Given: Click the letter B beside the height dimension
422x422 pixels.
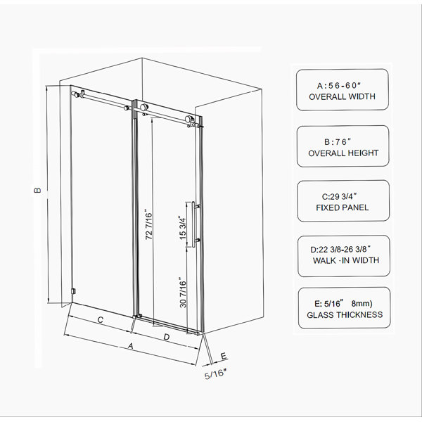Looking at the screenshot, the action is [38, 191].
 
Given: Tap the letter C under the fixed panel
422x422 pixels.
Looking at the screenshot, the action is [101, 320].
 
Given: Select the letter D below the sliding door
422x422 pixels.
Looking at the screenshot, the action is [167, 337].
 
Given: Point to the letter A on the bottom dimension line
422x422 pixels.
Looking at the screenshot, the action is [131, 345].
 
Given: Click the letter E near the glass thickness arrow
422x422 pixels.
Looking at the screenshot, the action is [224, 357].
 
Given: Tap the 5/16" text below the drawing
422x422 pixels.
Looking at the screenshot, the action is [215, 374].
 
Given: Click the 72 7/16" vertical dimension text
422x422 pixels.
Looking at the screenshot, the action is [148, 224].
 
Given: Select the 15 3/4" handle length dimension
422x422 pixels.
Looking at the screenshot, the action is [182, 228].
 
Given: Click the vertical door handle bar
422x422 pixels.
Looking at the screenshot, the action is [193, 224].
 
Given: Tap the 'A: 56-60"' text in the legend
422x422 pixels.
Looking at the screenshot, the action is [339, 86].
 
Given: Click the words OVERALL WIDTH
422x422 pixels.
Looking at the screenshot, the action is [342, 96].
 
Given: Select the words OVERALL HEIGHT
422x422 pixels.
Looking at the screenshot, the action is [343, 153].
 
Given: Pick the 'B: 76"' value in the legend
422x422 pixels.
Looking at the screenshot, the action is [338, 141].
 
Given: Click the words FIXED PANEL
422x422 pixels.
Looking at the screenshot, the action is [343, 207].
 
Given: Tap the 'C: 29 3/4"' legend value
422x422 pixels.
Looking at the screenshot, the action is [340, 196].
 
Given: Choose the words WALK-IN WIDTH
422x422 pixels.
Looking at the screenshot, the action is [346, 260].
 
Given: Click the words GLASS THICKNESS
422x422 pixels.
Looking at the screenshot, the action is [345, 314].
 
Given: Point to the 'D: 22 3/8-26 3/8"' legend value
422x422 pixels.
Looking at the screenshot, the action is [340, 250].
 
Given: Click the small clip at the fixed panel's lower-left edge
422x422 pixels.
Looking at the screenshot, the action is [73, 291].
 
